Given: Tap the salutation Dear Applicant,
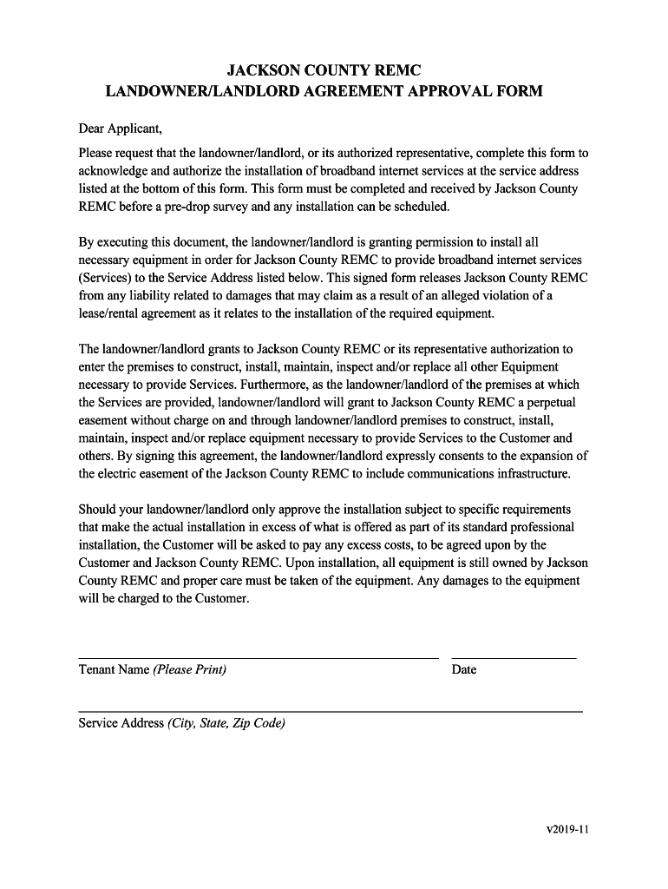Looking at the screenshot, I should [x=121, y=129].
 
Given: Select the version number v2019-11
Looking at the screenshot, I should [x=567, y=829].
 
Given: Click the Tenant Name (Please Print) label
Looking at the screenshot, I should [x=153, y=669].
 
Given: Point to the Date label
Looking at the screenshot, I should [x=464, y=669].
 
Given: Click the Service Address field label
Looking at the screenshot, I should [x=181, y=723].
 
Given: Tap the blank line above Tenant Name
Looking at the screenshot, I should [x=259, y=658].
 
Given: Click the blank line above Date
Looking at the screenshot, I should [x=514, y=658].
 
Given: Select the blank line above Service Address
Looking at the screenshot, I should [x=331, y=712].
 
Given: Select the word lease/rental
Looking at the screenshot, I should [x=111, y=313].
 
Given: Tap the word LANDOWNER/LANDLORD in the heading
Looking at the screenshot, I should [x=190, y=91].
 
